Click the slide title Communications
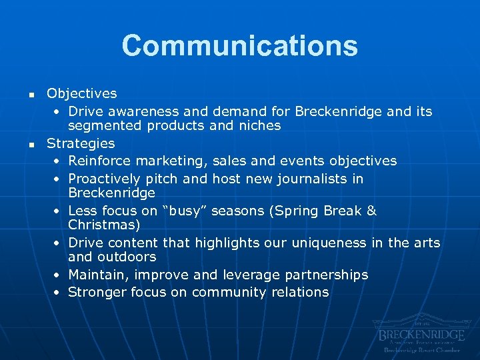(x=239, y=46)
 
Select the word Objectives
(x=81, y=94)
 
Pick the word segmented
(x=100, y=126)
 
